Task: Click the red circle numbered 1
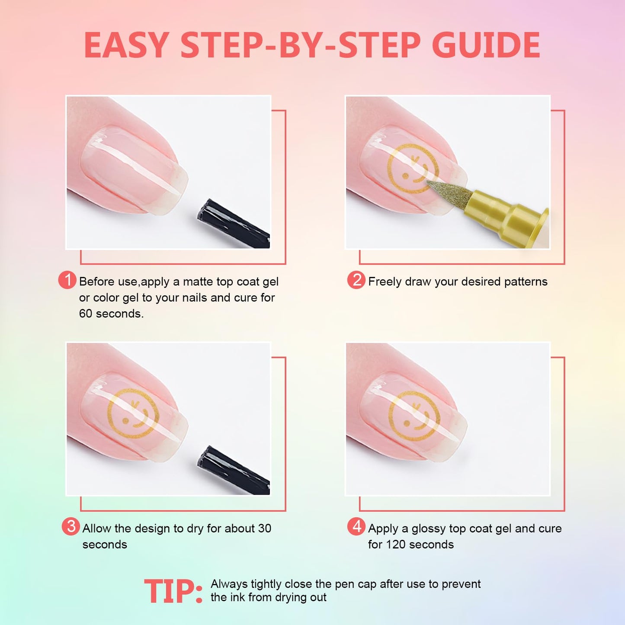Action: coord(67,280)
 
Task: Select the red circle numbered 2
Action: coord(356,280)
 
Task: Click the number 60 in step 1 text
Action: coord(86,314)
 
